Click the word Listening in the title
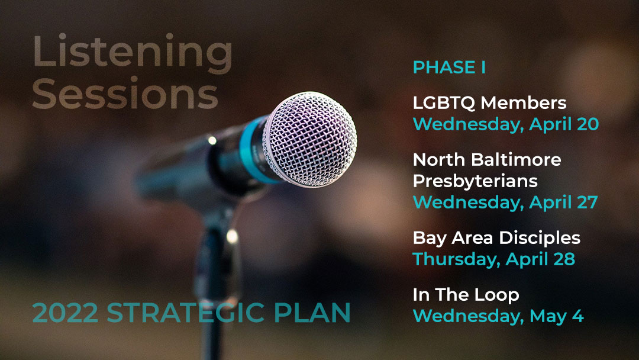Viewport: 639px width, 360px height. pos(133,52)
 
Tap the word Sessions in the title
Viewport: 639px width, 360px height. pos(125,94)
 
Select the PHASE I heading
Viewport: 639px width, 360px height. pos(449,67)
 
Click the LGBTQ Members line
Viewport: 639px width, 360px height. pos(489,103)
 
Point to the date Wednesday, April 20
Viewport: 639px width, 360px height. pos(506,124)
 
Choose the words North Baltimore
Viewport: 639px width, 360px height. pos(487,159)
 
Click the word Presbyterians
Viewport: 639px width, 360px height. pos(475,181)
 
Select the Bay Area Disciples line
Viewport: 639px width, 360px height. pos(496,238)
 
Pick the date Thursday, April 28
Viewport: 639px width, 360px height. pos(494,259)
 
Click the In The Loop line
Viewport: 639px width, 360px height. pos(466,295)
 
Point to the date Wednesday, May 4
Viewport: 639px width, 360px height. pos(498,316)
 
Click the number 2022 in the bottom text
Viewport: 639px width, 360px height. pos(65,313)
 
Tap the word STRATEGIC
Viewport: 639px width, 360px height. pos(185,313)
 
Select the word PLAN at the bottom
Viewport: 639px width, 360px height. pos(312,313)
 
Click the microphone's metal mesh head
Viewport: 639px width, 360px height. pos(309,139)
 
